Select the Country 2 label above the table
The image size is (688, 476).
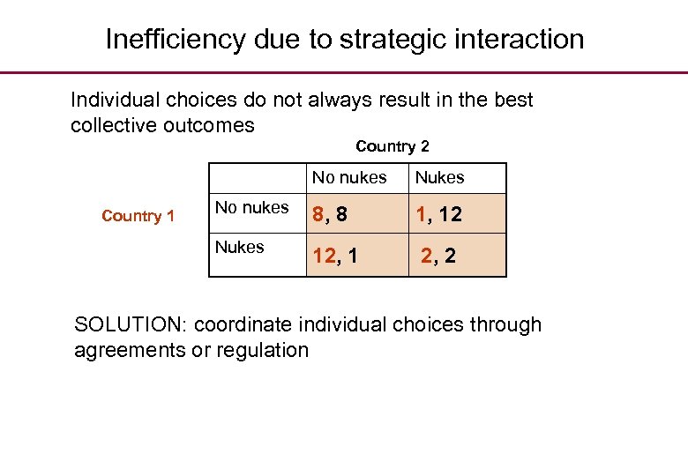pyautogui.click(x=393, y=146)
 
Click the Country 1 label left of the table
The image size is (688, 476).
pyautogui.click(x=138, y=216)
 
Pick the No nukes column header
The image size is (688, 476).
pyautogui.click(x=349, y=178)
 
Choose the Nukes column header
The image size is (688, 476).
pyautogui.click(x=439, y=178)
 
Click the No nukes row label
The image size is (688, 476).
pyautogui.click(x=252, y=208)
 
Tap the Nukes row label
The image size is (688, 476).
pyautogui.click(x=240, y=248)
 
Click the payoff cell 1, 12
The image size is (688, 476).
pyautogui.click(x=439, y=214)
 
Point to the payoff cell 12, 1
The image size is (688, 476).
pyautogui.click(x=335, y=257)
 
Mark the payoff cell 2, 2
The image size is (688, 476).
pyautogui.click(x=438, y=257)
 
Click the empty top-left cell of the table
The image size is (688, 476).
pyautogui.click(x=258, y=178)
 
